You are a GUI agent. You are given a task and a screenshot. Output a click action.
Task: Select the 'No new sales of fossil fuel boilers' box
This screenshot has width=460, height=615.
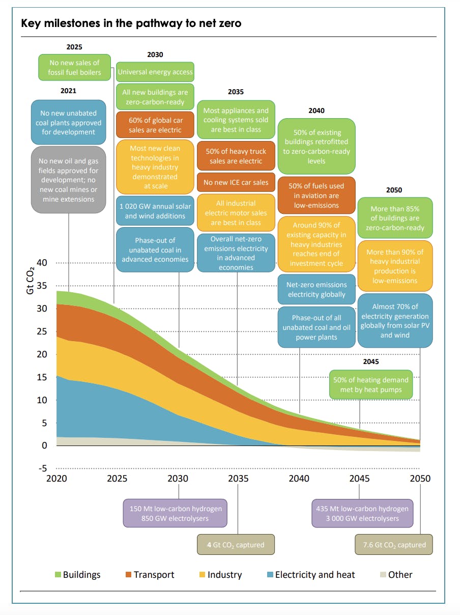75,68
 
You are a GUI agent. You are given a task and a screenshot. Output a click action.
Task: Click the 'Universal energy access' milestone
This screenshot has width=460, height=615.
155,72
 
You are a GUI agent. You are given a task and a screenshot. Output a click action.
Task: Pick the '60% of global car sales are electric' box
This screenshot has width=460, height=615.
155,125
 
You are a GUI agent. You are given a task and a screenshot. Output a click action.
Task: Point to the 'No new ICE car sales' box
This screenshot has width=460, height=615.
236,182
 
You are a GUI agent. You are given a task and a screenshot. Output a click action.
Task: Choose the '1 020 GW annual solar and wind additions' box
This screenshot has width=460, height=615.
155,211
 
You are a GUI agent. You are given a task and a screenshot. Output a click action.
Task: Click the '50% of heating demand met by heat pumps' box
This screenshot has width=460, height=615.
370,385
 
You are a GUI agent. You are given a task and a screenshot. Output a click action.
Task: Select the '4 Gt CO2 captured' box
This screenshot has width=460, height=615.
236,545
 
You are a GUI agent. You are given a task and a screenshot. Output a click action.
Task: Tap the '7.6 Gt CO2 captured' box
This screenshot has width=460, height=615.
393,545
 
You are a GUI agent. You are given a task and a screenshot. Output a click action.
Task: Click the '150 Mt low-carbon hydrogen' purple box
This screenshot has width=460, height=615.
176,514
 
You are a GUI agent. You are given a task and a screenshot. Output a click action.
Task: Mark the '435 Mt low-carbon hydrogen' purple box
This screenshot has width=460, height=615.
362,514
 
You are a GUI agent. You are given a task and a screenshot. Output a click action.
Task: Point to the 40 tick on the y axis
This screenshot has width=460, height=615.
42,263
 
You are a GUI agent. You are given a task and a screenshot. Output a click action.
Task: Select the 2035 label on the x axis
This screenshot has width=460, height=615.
238,479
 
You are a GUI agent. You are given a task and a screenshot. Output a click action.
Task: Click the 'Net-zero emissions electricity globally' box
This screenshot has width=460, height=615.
317,290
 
